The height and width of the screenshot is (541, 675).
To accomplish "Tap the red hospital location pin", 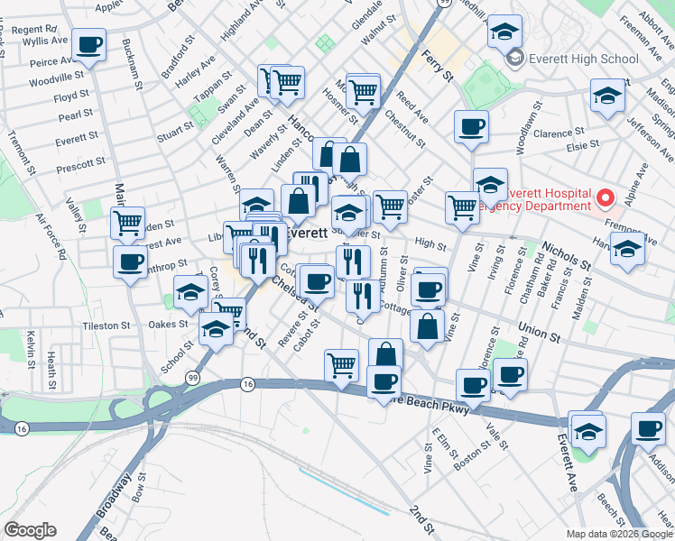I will pyautogui.click(x=606, y=197).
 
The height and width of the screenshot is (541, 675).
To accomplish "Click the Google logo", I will pyautogui.click(x=30, y=529).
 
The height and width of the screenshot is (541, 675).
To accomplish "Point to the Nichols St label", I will pyautogui.click(x=566, y=255).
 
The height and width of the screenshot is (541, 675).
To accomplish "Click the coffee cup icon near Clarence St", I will pyautogui.click(x=470, y=127).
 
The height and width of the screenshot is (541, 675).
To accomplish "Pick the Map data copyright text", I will pyautogui.click(x=618, y=534).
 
